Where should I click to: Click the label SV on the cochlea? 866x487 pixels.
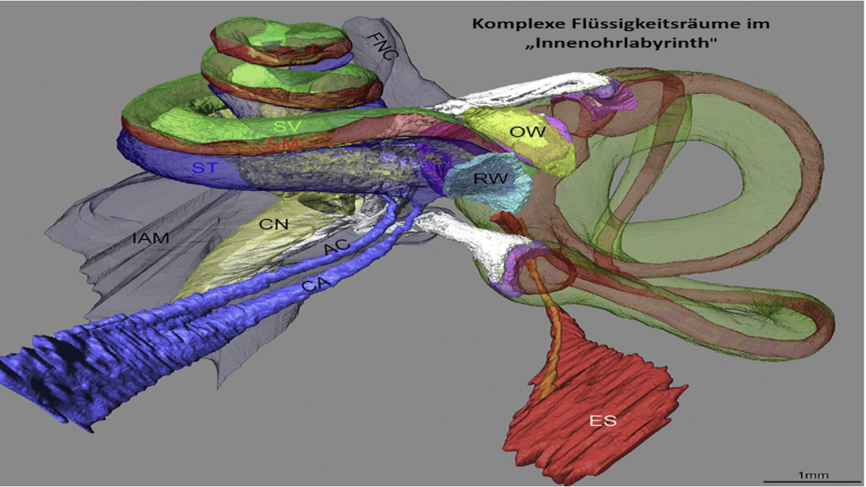pyautogui.click(x=287, y=125)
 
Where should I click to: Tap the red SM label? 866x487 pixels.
pyautogui.click(x=282, y=144)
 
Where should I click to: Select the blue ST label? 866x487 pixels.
pyautogui.click(x=205, y=168)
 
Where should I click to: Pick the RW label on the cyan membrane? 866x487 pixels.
pyautogui.click(x=490, y=179)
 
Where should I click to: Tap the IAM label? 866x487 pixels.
pyautogui.click(x=149, y=239)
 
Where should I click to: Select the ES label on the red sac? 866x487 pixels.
pyautogui.click(x=603, y=420)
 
